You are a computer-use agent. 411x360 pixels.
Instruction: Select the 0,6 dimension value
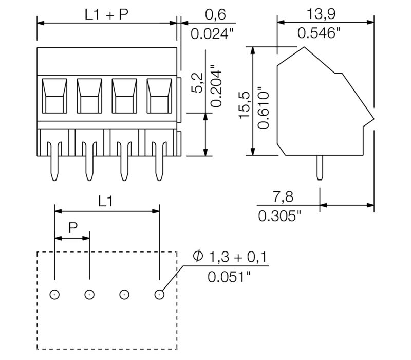(208, 15)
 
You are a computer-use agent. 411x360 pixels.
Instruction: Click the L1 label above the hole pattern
(105, 202)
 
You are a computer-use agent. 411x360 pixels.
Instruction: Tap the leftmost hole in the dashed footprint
(54, 295)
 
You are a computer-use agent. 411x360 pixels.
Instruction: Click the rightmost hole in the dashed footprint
(159, 295)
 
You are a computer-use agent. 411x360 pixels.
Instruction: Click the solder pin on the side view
(320, 168)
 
